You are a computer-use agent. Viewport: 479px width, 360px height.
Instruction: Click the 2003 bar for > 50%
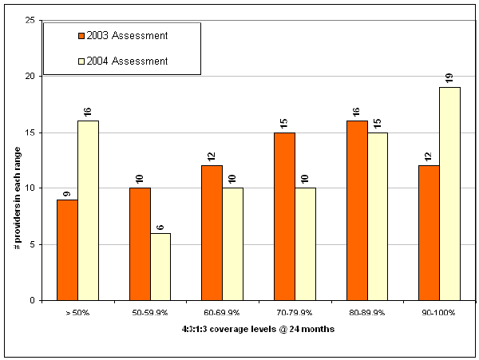(x=67, y=250)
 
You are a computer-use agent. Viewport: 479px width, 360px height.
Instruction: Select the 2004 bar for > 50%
(x=88, y=211)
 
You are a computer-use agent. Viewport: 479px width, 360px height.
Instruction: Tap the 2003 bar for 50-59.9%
(x=140, y=244)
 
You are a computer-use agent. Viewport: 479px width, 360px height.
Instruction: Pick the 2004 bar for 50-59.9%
(x=160, y=267)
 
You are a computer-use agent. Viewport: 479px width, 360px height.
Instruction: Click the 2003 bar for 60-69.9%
(x=212, y=233)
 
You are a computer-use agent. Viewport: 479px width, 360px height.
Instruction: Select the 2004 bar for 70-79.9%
(x=305, y=244)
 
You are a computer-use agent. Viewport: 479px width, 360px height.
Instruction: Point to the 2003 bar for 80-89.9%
(x=357, y=211)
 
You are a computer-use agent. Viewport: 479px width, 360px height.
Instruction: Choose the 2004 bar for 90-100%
(x=450, y=194)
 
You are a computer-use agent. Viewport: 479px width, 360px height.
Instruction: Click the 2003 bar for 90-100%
(x=430, y=233)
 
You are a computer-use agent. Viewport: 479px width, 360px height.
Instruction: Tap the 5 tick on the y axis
(x=31, y=245)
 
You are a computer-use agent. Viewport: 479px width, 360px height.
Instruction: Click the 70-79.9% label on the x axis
(x=295, y=312)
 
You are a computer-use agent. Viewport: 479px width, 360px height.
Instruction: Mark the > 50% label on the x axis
(x=77, y=312)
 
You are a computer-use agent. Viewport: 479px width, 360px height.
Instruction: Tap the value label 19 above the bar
(x=450, y=78)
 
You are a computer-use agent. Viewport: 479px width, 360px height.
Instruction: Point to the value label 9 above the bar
(x=67, y=192)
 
